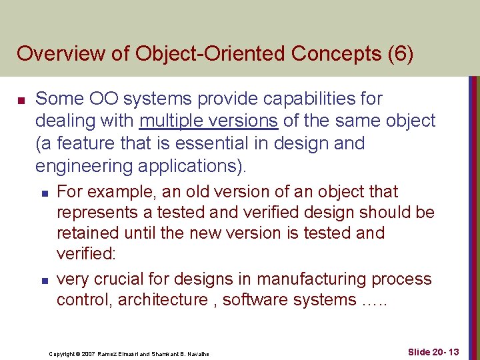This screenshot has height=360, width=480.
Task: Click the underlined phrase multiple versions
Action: (x=208, y=121)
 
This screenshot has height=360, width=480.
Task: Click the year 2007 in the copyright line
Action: (x=91, y=353)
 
